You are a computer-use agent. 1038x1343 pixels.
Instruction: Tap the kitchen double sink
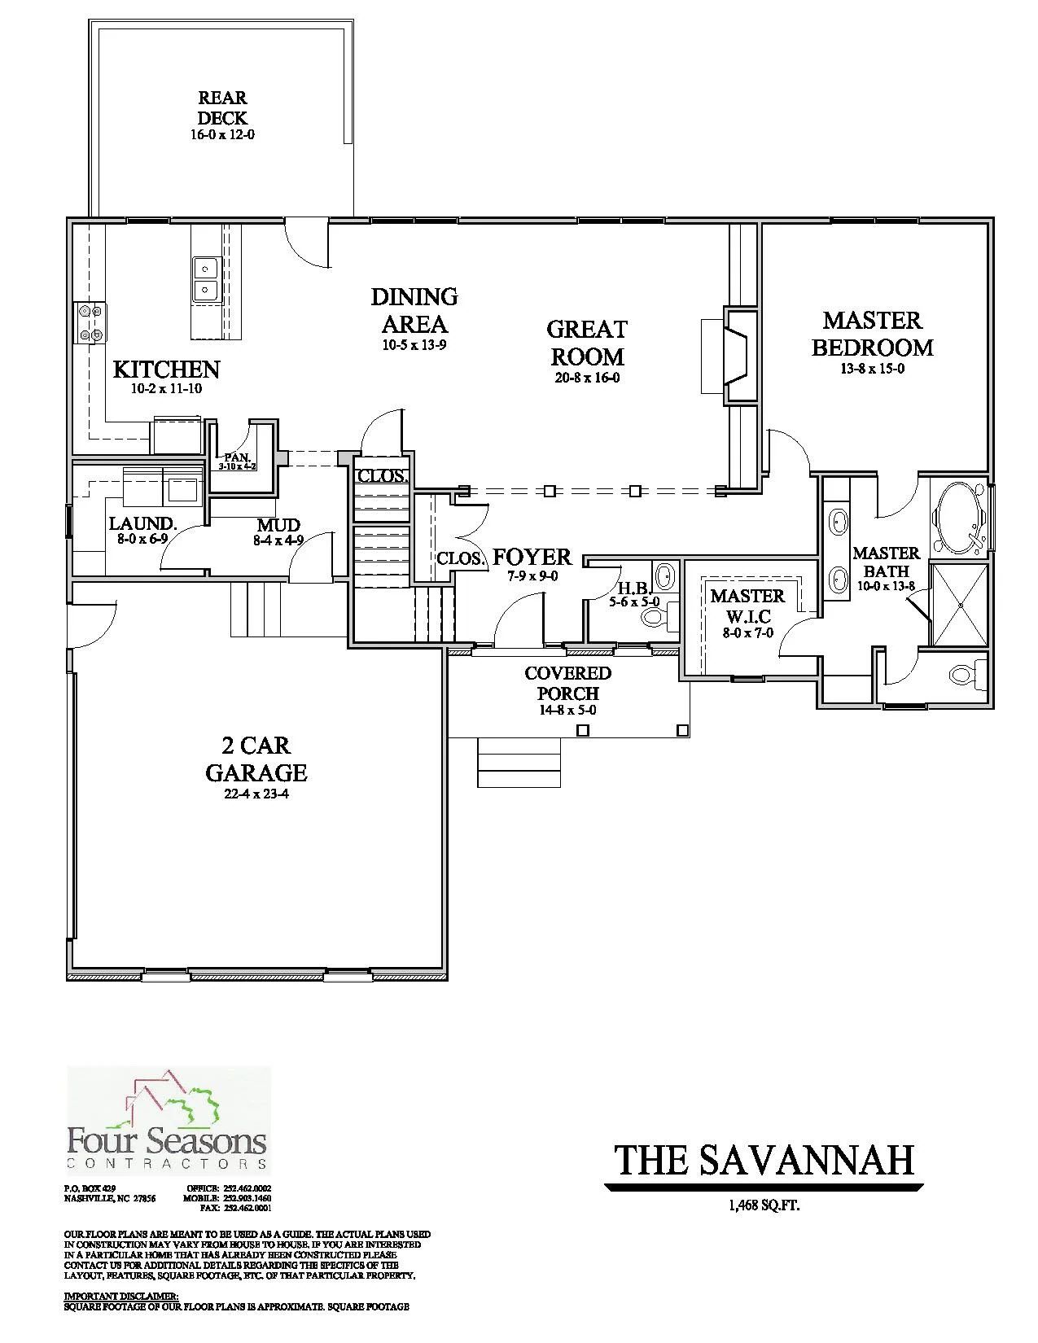pos(206,279)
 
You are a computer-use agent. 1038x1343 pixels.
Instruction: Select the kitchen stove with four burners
pos(89,322)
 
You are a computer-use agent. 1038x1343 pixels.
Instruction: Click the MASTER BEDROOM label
pos(872,334)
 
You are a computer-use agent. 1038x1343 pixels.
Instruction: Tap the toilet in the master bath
pos(963,674)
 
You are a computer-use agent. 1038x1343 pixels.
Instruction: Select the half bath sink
pos(665,575)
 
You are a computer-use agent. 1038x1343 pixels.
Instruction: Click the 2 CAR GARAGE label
pos(256,759)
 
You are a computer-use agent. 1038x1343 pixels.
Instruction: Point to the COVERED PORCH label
pos(567,683)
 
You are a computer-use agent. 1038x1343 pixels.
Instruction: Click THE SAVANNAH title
pos(764,1160)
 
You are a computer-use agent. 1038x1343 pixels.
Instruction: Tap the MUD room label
pos(278,525)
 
